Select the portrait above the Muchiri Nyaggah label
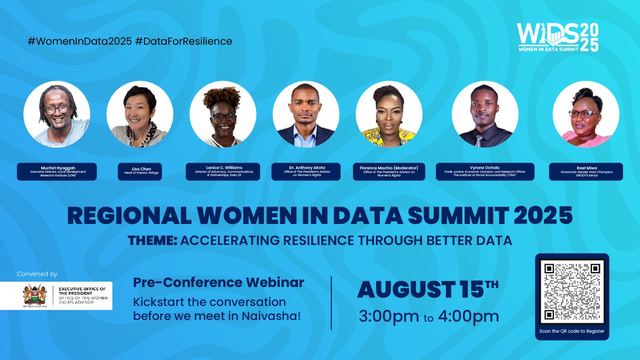56,114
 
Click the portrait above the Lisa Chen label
139,114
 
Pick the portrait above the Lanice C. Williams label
223,114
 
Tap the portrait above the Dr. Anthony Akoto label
306,114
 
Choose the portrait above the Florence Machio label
389,114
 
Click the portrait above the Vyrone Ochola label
485,114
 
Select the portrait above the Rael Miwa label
585,114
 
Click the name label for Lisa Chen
139,171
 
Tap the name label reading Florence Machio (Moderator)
389,171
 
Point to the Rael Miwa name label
585,171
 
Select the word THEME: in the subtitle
152,241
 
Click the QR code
571,291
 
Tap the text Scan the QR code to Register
571,331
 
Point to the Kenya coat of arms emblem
32,295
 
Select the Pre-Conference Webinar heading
219,282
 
